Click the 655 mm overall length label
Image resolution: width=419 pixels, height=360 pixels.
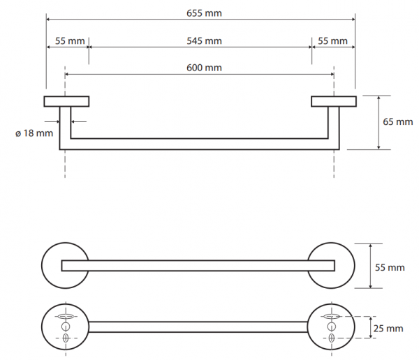click(x=204, y=13)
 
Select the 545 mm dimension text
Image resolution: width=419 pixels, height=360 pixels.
click(x=204, y=41)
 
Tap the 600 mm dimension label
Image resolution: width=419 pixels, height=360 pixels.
click(x=204, y=68)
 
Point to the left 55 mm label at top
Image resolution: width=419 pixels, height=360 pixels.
click(x=70, y=41)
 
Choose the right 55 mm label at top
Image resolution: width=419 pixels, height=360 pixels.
click(x=332, y=41)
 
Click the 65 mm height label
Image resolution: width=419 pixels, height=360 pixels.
click(x=398, y=122)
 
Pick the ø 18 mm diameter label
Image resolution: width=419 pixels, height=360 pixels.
click(x=34, y=133)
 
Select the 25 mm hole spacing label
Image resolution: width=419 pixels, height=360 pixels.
click(x=388, y=328)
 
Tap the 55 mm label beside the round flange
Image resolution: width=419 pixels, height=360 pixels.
click(x=390, y=267)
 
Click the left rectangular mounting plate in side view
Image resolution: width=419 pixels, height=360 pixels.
click(x=66, y=101)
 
